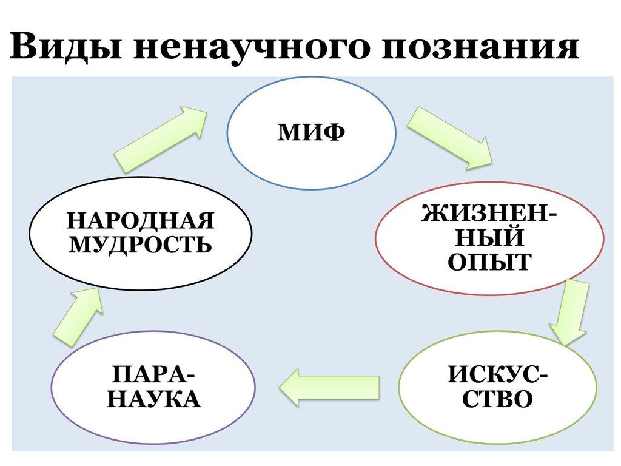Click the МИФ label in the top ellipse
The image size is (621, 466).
(x=312, y=132)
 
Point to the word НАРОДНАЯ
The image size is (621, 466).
(x=141, y=220)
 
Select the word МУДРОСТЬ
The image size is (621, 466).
(x=141, y=245)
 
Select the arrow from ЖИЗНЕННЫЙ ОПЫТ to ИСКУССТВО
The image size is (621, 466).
(x=571, y=312)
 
